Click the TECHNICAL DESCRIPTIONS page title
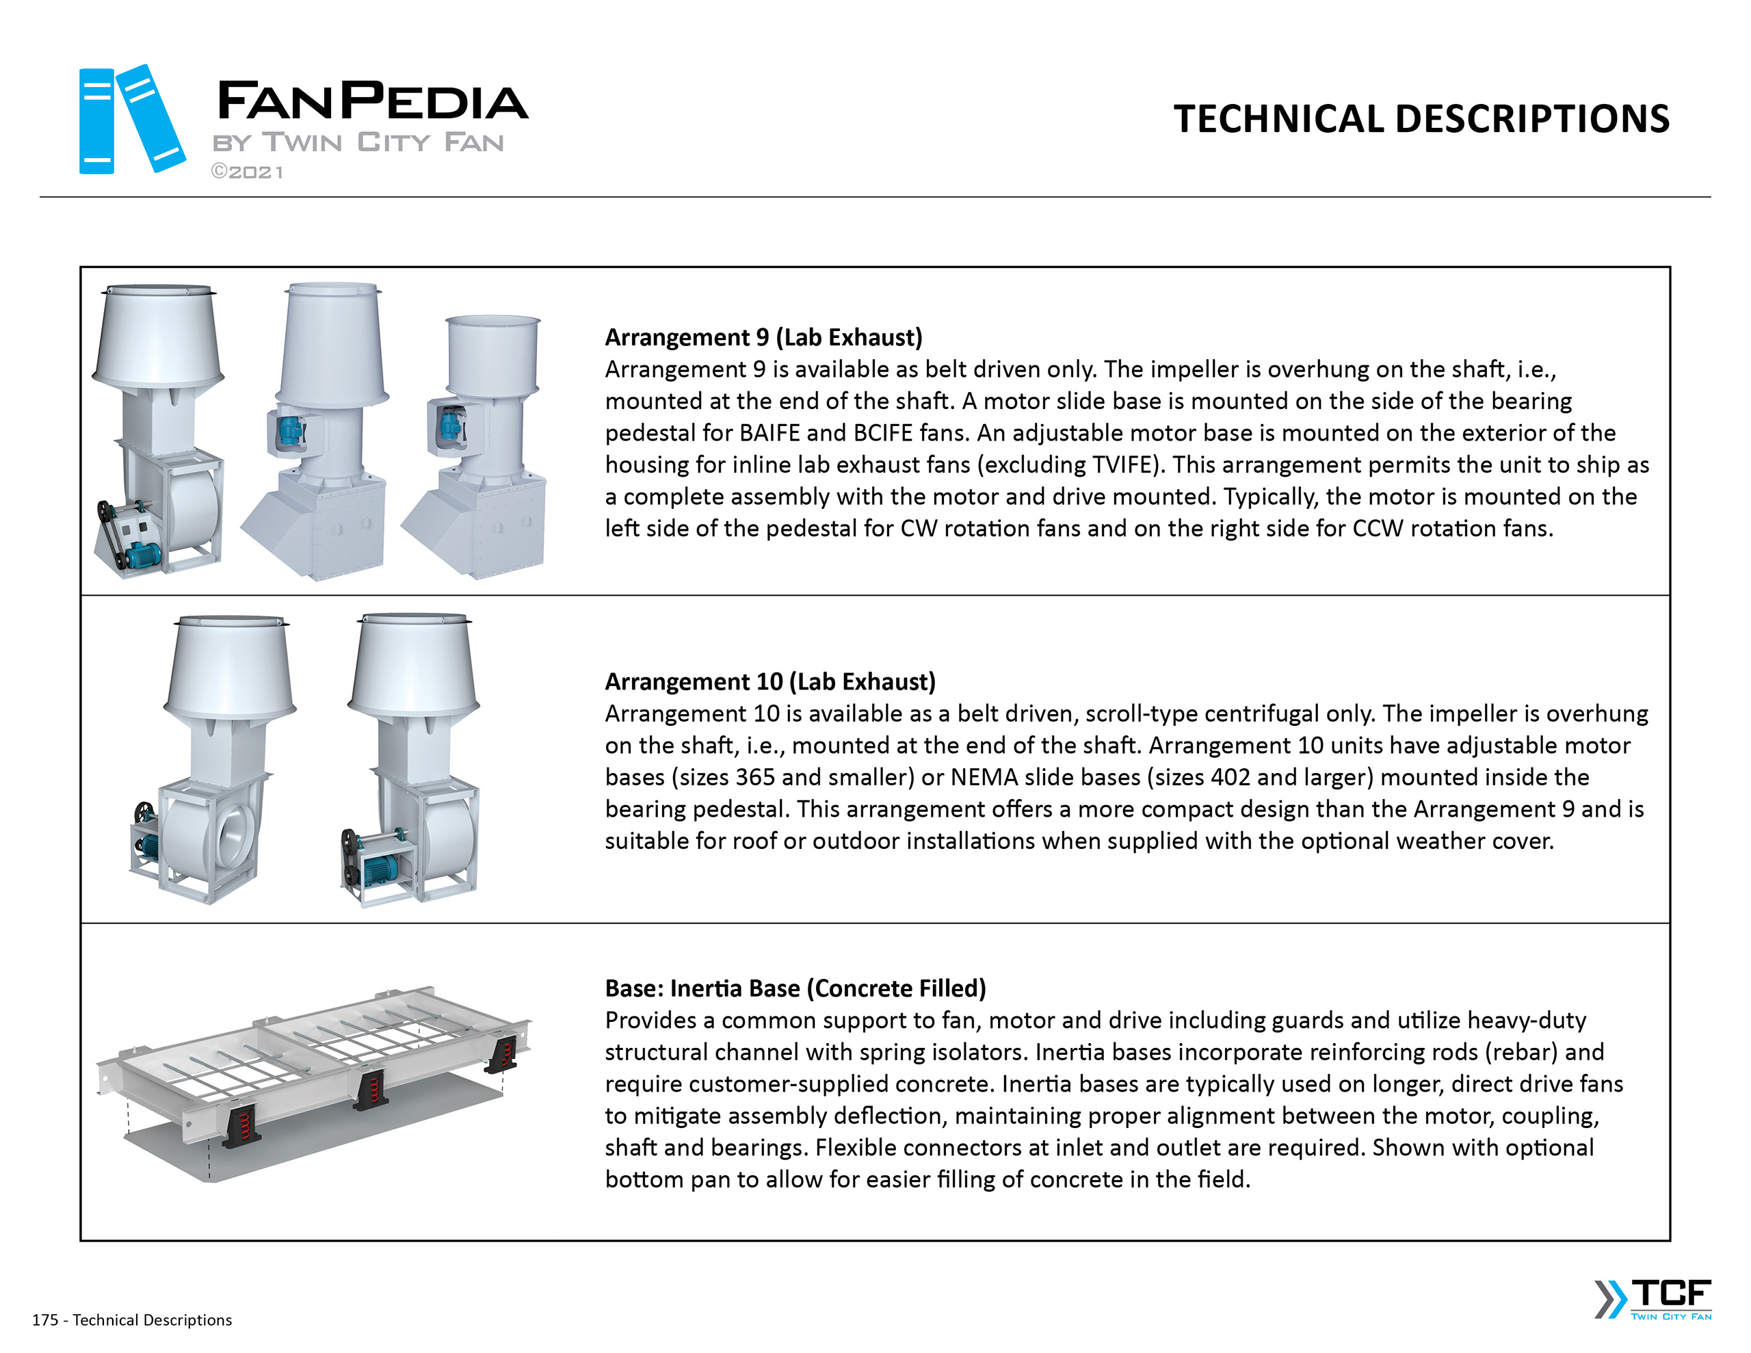click(1421, 119)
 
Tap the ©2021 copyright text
click(247, 172)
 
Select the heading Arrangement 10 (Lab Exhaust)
click(769, 682)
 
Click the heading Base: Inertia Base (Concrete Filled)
click(795, 988)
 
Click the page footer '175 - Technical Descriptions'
click(131, 1320)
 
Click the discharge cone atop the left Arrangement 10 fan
click(230, 666)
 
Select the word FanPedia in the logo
click(372, 101)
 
